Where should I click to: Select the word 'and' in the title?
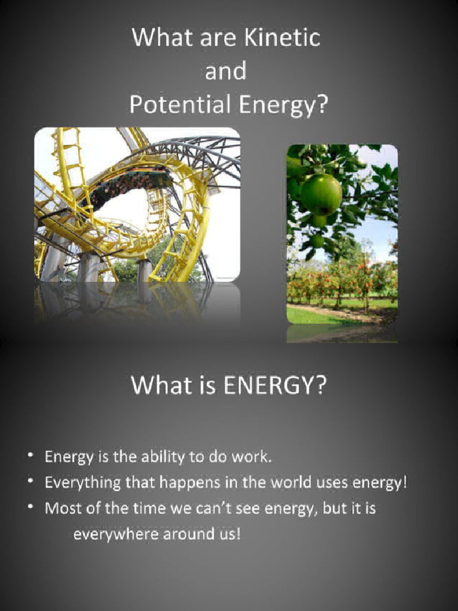225,72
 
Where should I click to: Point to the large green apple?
321,194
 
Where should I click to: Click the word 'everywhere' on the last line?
114,534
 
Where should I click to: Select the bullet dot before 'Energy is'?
30,456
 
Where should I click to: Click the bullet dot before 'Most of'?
30,507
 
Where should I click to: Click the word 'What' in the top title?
156,38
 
